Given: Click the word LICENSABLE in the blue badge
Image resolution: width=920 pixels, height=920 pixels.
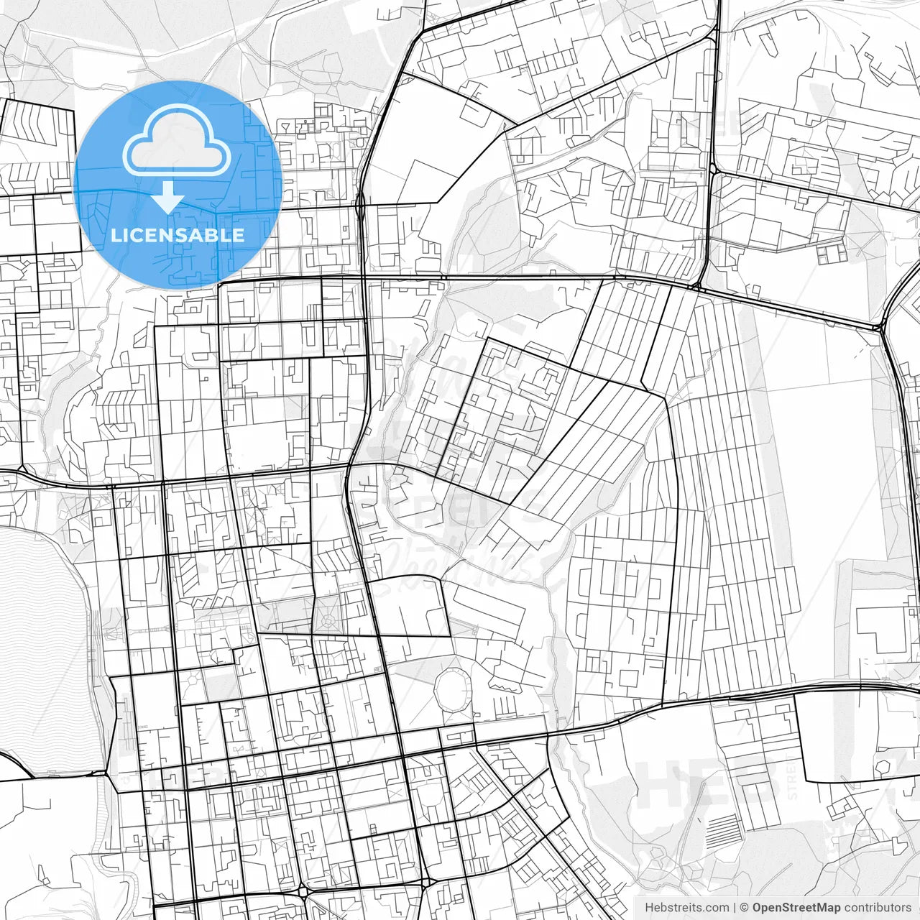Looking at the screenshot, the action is pyautogui.click(x=178, y=235).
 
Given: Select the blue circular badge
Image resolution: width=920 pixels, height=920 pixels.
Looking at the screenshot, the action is pyautogui.click(x=178, y=185).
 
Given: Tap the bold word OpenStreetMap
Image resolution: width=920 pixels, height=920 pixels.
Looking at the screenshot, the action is pyautogui.click(x=796, y=908).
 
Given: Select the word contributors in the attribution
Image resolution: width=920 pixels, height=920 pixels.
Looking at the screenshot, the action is pyautogui.click(x=878, y=908).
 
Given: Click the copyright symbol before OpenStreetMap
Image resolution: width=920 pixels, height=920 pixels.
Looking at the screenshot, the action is pyautogui.click(x=745, y=908).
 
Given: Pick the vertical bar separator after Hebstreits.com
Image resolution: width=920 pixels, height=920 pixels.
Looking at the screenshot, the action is pyautogui.click(x=735, y=908).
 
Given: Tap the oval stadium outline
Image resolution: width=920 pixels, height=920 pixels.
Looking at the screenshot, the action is pyautogui.click(x=452, y=689).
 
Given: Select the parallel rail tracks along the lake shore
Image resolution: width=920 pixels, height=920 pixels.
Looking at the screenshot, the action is pyautogui.click(x=108, y=625).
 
